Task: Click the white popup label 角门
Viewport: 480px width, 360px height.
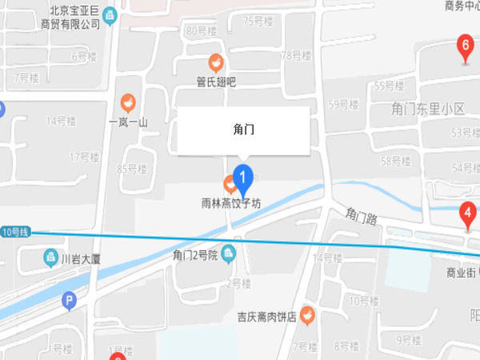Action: coord(243,128)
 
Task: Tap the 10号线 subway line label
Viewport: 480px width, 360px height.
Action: coord(14,232)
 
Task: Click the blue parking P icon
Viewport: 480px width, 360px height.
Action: coord(70,301)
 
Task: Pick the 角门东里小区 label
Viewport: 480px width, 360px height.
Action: coord(428,108)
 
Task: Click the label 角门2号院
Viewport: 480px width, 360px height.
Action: coord(195,255)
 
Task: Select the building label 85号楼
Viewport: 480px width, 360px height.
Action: coord(132,169)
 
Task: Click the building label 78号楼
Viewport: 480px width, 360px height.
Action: coord(295,55)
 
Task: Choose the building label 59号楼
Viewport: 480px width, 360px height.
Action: coord(342,103)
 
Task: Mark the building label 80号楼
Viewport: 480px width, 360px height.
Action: coord(202,31)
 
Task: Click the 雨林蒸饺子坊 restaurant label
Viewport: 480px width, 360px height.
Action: coord(231,204)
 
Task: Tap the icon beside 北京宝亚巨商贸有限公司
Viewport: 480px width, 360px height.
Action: coord(110,15)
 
